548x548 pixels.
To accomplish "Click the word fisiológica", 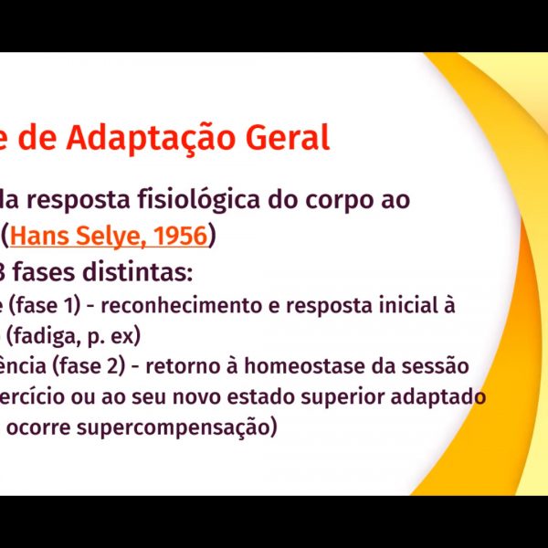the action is click(x=198, y=200).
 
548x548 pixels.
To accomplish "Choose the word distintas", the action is click(x=137, y=272).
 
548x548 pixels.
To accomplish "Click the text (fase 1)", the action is click(x=45, y=305).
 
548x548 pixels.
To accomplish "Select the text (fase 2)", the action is click(x=89, y=366).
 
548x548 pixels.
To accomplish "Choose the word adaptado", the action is click(x=438, y=396).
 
